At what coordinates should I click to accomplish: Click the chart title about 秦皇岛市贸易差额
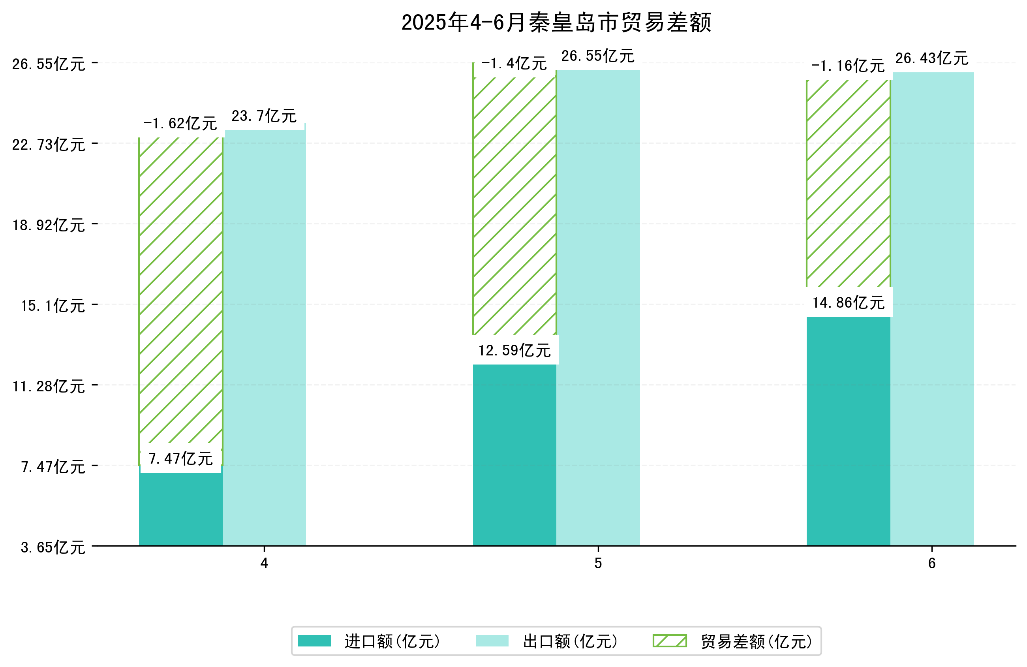point(556,23)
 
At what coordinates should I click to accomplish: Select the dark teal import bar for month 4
point(180,509)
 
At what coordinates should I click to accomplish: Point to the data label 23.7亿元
point(264,116)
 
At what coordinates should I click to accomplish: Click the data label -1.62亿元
point(180,124)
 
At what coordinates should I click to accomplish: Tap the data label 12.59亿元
point(514,350)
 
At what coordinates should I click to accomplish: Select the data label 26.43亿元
point(931,58)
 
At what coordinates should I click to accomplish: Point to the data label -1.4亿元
point(514,64)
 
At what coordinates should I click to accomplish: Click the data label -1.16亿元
point(847,66)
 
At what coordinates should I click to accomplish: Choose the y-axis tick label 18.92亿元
point(49,225)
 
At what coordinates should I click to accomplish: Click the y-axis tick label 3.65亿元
point(53,547)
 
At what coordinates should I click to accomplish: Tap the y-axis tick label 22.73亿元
point(49,145)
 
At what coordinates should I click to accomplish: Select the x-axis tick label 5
point(598,564)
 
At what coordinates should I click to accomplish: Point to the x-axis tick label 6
point(931,564)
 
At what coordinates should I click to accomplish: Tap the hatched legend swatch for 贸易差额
point(669,641)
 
